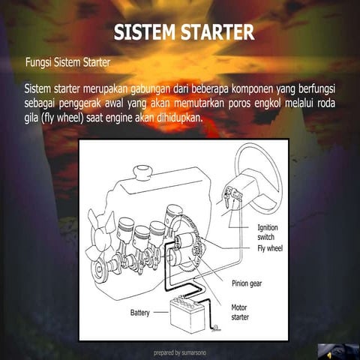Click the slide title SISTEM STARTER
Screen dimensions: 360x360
click(184, 32)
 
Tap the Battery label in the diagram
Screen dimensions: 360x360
click(145, 312)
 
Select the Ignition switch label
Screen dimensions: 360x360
click(271, 232)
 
